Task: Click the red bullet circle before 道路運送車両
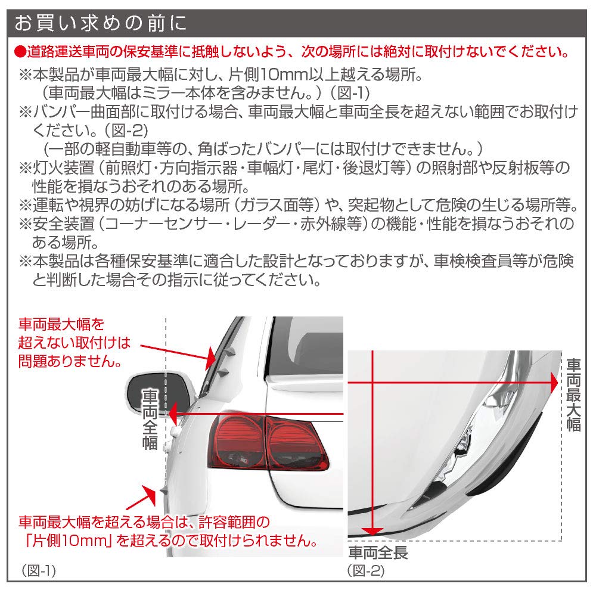(19, 52)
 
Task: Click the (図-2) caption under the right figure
(366, 570)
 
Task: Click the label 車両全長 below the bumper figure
(378, 552)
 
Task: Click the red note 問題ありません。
(70, 361)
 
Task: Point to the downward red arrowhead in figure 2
(372, 531)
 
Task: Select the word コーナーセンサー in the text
(173, 223)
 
